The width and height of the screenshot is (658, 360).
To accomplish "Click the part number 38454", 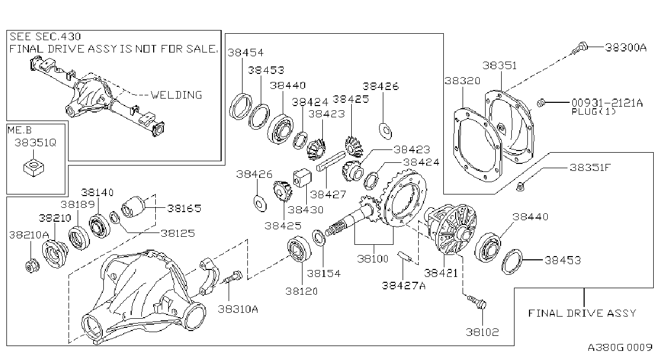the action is [246, 52].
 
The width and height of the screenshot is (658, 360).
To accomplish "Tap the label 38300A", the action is [626, 47].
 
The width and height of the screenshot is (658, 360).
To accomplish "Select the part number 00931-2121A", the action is [607, 103].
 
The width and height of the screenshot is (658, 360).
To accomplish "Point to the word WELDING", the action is [176, 95].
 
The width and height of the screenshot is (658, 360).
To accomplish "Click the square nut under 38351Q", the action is [34, 168].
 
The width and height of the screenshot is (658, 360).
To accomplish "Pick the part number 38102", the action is [482, 332].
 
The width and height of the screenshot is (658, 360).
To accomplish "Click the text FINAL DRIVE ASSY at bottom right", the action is [582, 313].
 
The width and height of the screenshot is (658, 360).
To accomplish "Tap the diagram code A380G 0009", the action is [620, 347].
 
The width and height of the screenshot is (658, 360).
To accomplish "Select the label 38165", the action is [184, 208].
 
